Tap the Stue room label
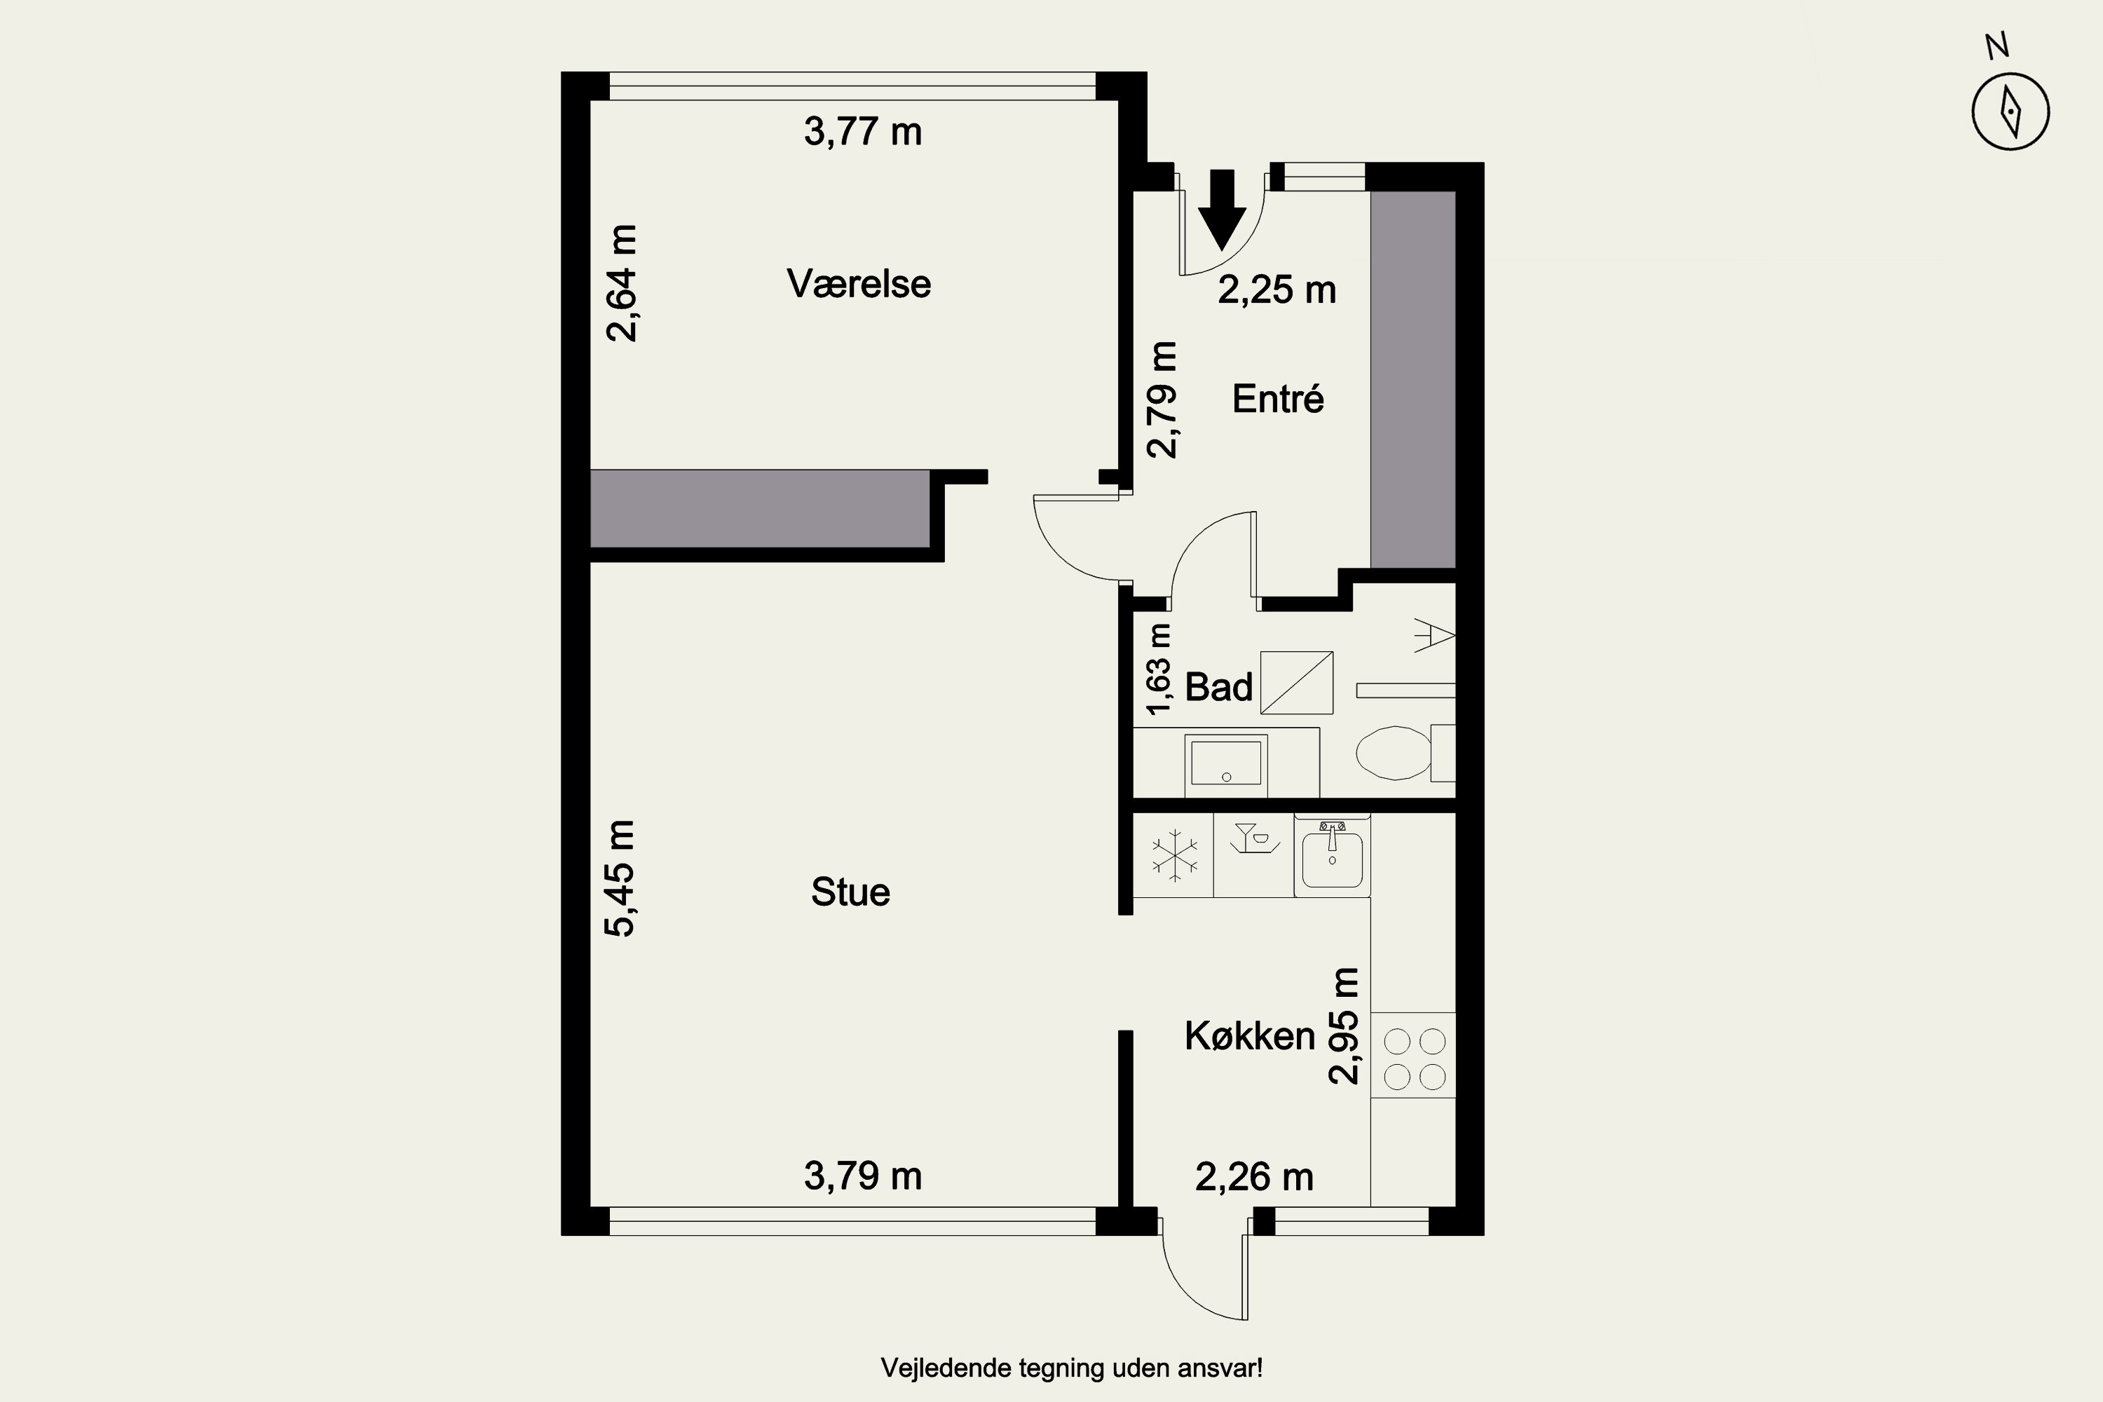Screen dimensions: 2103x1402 tap(850, 892)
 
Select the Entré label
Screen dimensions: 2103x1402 tap(1278, 398)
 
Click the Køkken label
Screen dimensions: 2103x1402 tap(1250, 1036)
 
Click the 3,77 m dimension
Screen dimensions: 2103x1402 tap(863, 132)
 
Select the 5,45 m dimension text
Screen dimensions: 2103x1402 tap(620, 878)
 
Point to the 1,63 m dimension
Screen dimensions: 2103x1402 tap(1158, 669)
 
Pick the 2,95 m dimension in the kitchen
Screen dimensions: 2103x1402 tap(1343, 1026)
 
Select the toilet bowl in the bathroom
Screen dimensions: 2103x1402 tap(1394, 753)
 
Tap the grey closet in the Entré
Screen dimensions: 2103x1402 tap(1414, 380)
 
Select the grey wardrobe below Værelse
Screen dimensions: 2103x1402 tap(760, 508)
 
